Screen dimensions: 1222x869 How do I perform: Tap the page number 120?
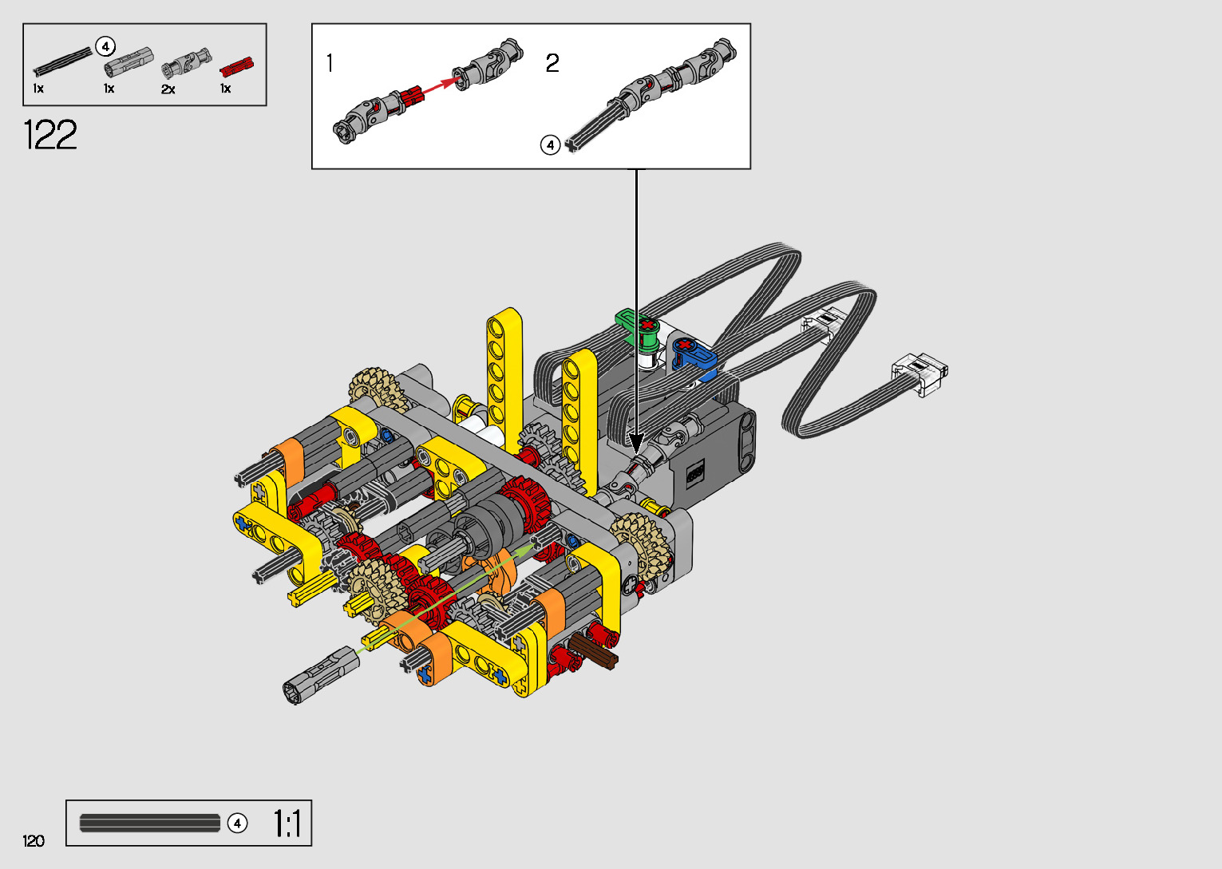point(34,840)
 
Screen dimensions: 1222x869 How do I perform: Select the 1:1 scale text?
point(287,823)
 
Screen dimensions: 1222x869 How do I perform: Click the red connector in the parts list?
point(237,67)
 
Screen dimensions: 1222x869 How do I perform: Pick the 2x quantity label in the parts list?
point(168,89)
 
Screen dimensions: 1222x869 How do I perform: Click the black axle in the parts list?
point(63,61)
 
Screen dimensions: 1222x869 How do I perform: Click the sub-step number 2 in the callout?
point(552,63)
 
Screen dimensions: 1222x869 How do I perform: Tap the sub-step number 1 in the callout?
point(330,63)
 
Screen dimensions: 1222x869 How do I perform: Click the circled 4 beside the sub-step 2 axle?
point(550,145)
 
